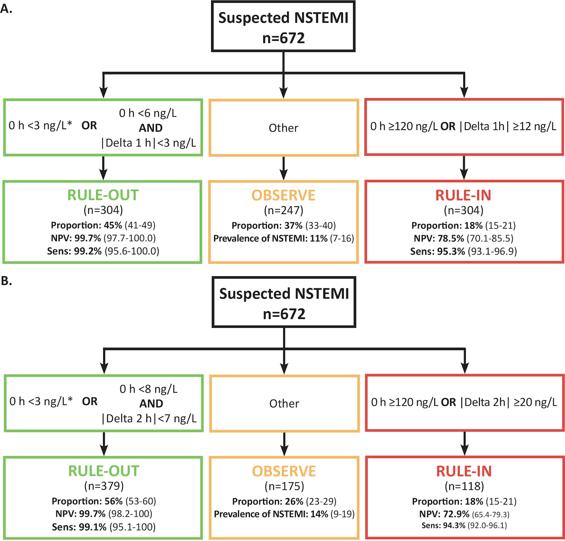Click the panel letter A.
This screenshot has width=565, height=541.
click(x=6, y=8)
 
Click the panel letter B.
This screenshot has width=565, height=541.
click(x=6, y=281)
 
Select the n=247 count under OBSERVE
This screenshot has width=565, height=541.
click(x=283, y=210)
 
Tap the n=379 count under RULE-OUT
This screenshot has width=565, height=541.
click(x=104, y=486)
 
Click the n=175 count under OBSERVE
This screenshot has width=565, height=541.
click(x=284, y=486)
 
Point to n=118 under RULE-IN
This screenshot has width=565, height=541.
click(x=464, y=486)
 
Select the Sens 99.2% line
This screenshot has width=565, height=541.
click(x=103, y=251)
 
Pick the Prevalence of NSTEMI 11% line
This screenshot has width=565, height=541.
click(x=283, y=238)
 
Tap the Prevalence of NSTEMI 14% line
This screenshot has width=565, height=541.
click(x=284, y=514)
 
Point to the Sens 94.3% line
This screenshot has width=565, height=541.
click(x=464, y=525)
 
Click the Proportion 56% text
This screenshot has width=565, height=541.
click(x=104, y=501)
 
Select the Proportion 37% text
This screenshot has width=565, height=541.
click(x=283, y=226)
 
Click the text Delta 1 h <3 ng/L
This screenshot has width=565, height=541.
click(x=149, y=143)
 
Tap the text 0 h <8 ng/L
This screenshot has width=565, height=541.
click(x=148, y=389)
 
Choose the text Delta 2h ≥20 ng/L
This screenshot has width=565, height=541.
click(x=508, y=402)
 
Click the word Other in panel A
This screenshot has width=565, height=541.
click(x=283, y=128)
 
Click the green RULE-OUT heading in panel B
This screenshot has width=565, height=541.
click(x=104, y=471)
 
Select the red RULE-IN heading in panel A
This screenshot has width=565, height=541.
click(x=463, y=195)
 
